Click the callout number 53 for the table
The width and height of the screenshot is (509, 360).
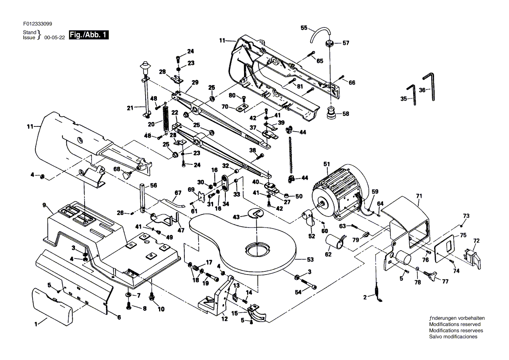310,260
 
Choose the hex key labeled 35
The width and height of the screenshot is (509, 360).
412,95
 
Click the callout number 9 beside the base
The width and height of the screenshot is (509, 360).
44,205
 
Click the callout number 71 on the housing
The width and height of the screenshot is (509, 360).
419,196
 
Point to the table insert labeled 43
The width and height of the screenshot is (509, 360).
255,214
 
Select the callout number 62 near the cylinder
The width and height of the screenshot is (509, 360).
328,255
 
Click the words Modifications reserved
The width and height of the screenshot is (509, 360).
455,324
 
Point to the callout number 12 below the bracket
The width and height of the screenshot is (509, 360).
224,319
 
